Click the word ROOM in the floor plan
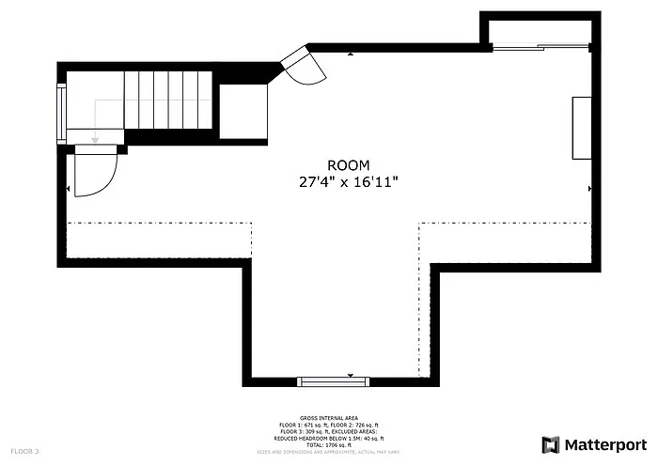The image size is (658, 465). tap(349, 164)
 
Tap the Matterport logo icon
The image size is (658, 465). tap(551, 443)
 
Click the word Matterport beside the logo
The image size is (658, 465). tap(606, 443)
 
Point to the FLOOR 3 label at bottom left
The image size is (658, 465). tap(24, 452)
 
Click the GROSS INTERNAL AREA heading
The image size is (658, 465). tap(329, 417)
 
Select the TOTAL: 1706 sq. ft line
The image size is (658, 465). tap(329, 444)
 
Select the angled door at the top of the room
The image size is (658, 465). tap(304, 64)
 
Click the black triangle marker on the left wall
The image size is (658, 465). tap(70, 189)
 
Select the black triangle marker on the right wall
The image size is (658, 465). tap(588, 189)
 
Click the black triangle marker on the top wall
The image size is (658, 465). tap(351, 54)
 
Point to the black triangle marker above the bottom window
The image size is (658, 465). tap(351, 376)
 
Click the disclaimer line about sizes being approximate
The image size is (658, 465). tap(329, 452)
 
